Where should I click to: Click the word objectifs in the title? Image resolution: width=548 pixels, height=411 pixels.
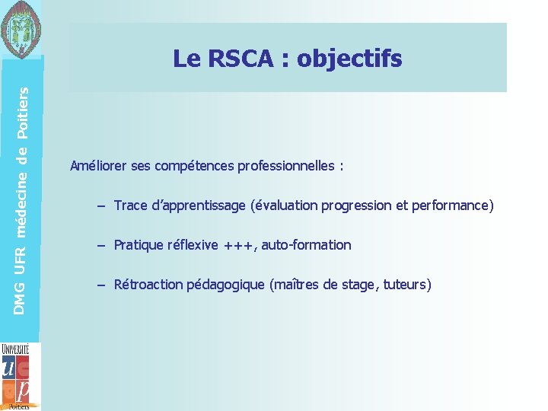tap(349, 59)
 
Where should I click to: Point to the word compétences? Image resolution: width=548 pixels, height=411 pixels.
tap(195, 166)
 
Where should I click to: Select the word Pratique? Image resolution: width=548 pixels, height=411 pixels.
tap(135, 245)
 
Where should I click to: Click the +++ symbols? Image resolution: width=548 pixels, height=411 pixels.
tap(240, 245)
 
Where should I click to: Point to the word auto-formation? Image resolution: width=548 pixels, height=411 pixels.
tap(306, 245)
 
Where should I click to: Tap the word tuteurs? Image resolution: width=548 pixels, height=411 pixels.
tap(407, 285)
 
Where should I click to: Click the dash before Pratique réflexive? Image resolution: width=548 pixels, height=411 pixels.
tap(100, 245)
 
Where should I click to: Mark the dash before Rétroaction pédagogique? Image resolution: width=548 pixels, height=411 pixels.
tap(100, 285)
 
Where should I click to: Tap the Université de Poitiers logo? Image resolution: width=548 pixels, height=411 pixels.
tap(17, 376)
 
